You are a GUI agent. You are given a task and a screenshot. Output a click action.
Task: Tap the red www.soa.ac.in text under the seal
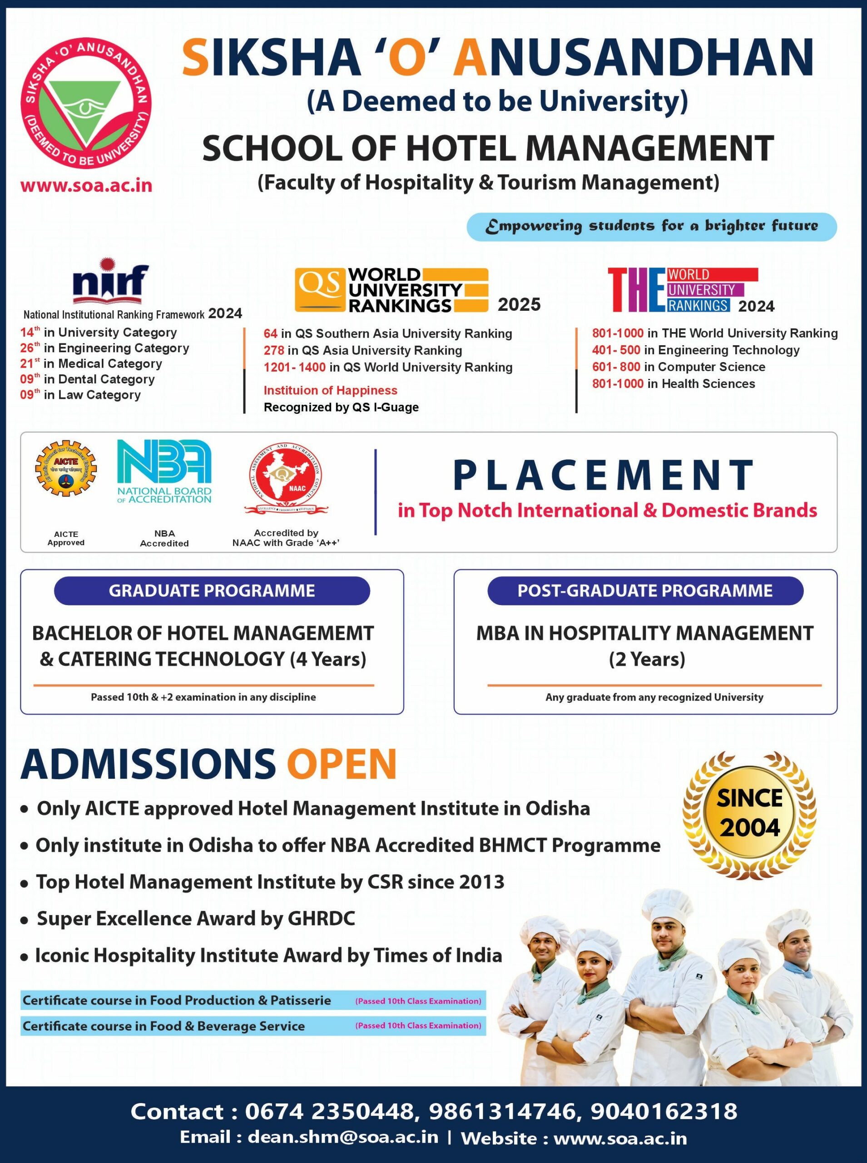tap(86, 185)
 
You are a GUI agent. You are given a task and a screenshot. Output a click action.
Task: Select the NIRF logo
tap(110, 282)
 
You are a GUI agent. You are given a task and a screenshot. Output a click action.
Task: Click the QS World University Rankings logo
tap(391, 290)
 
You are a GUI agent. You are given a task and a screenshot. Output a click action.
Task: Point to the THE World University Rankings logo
tap(682, 290)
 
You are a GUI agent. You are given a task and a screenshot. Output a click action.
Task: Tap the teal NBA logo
tap(164, 471)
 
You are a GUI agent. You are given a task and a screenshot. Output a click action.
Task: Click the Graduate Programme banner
tap(212, 591)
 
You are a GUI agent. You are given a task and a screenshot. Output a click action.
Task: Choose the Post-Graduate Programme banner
tap(645, 591)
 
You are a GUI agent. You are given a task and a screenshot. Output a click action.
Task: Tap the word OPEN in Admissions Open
tap(341, 764)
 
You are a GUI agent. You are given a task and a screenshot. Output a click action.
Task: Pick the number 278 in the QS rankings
tap(273, 350)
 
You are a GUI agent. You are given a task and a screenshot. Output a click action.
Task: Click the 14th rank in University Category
tap(30, 332)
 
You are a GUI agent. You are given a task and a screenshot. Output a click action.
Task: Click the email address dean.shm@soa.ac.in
tap(343, 1137)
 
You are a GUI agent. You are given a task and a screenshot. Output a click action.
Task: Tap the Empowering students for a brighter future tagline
tap(651, 226)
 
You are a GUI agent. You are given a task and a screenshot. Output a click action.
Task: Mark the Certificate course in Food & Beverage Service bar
tap(253, 1026)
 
